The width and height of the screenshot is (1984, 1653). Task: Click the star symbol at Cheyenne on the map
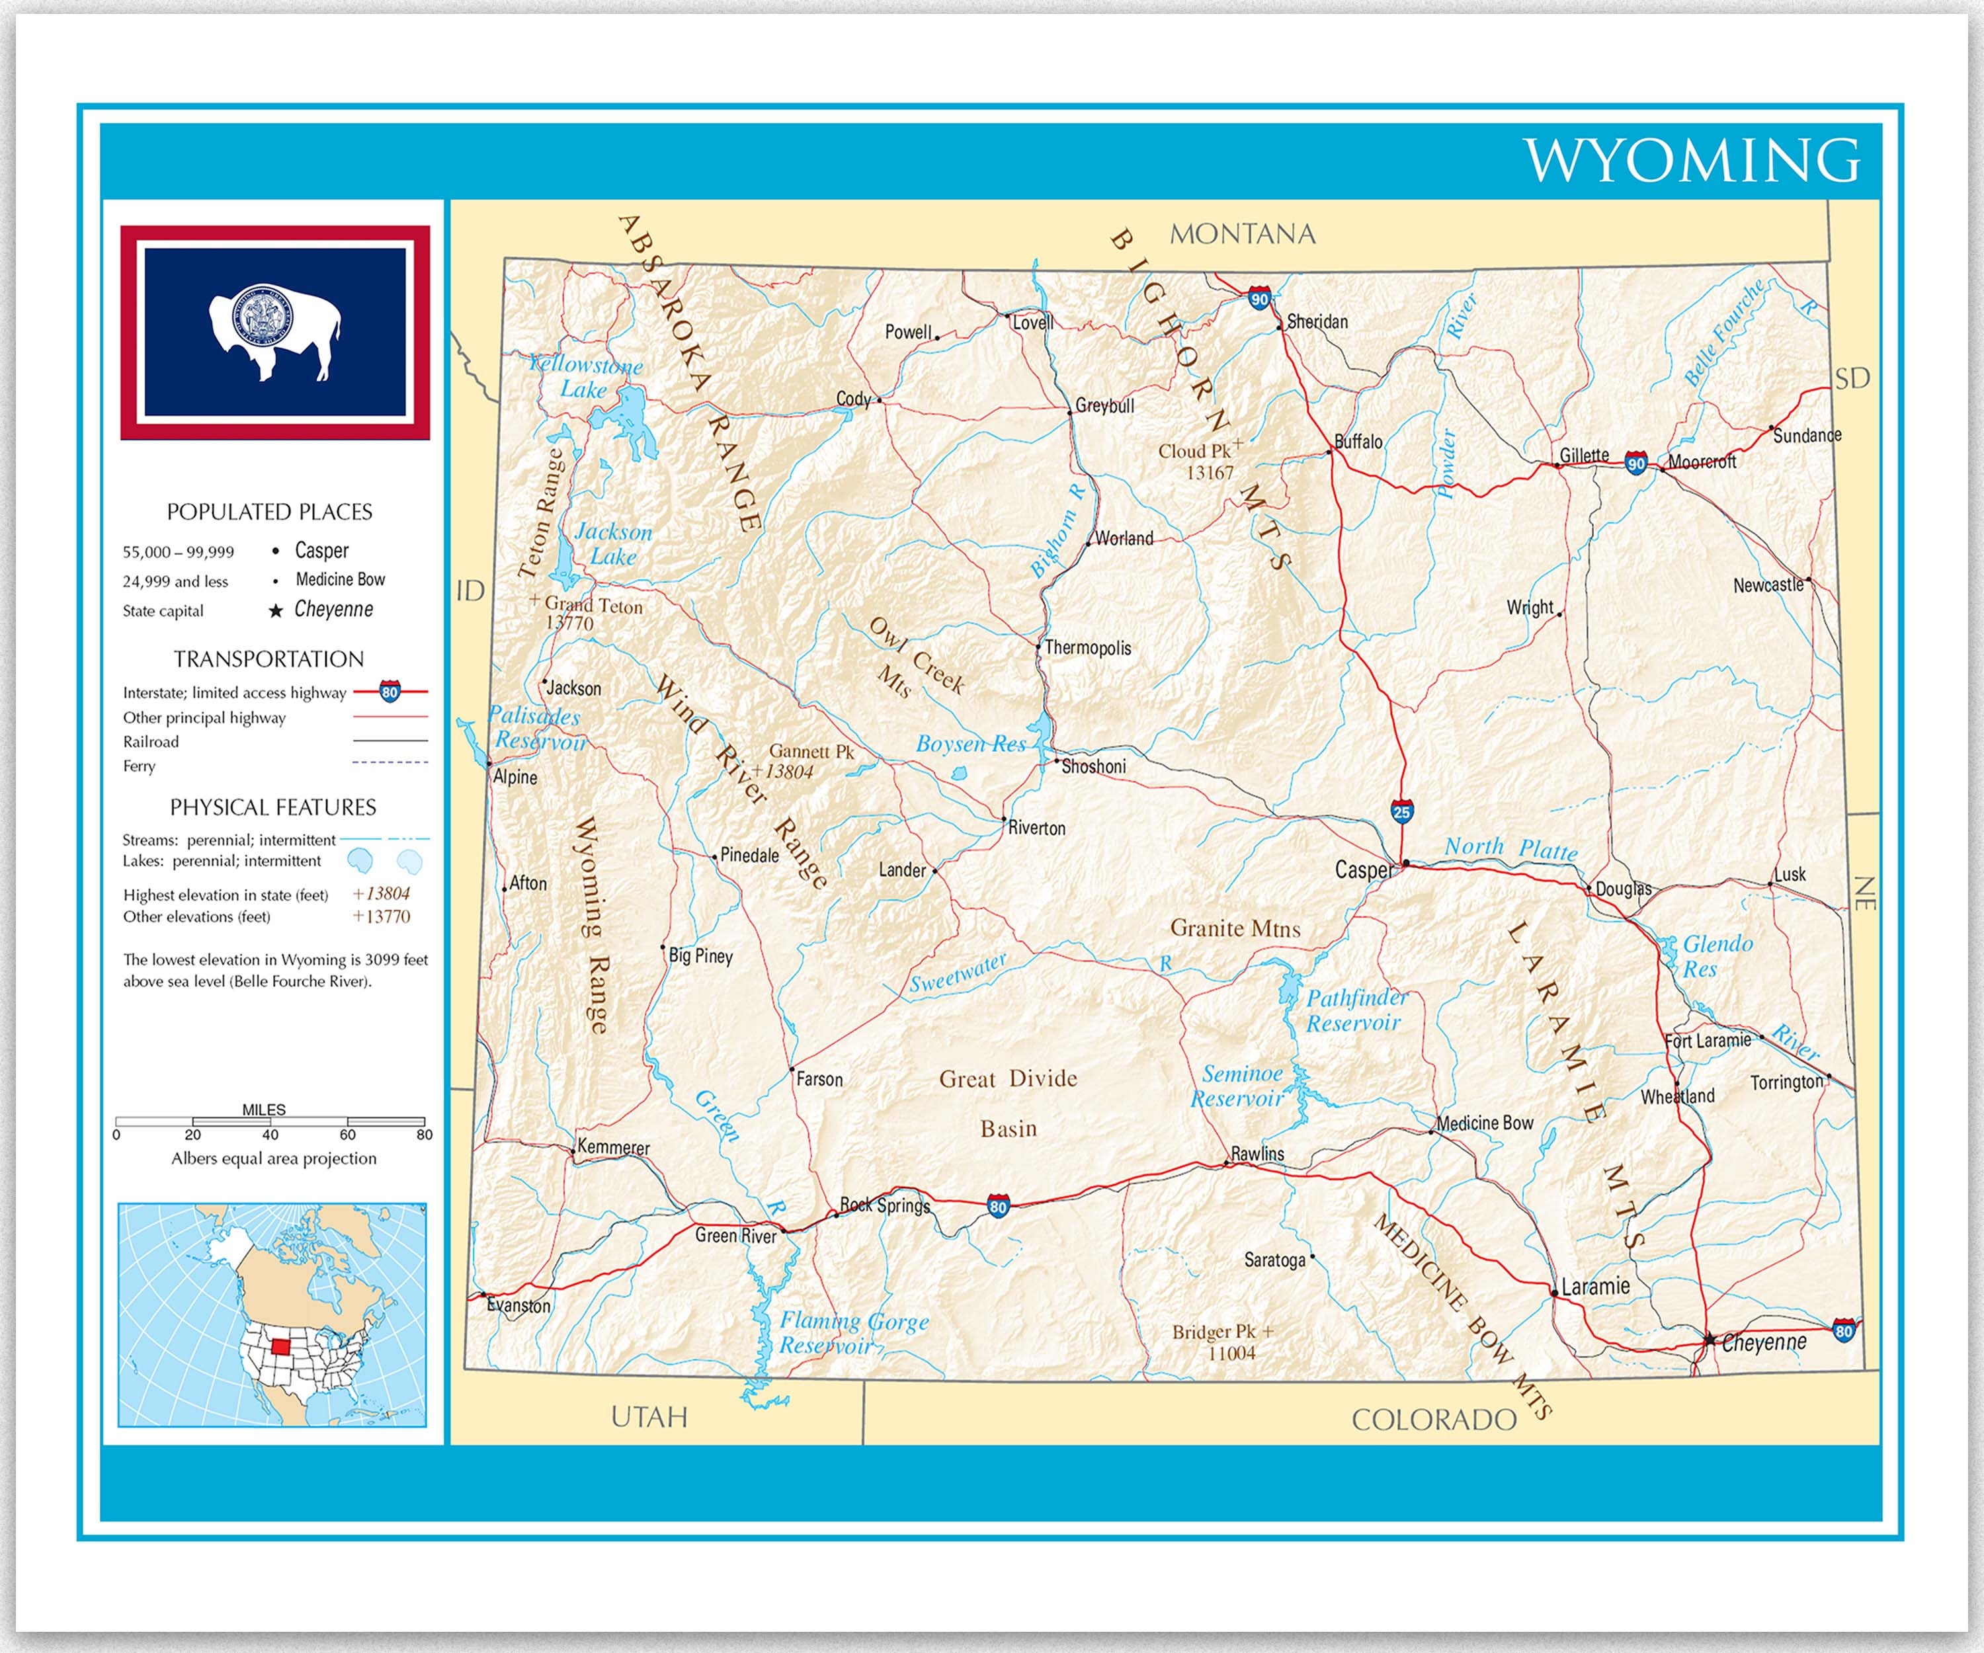[1709, 1340]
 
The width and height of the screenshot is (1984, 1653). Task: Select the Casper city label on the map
[1362, 870]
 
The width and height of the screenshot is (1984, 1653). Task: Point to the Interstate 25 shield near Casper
[1402, 811]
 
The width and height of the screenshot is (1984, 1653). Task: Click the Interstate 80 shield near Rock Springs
[999, 1206]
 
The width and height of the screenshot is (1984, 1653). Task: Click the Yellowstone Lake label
[585, 376]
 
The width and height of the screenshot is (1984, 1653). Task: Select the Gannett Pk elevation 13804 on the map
[784, 772]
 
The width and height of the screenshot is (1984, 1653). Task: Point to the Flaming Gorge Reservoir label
[853, 1333]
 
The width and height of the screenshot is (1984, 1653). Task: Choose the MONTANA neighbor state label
[1243, 234]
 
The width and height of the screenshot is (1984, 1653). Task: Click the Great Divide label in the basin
[1008, 1078]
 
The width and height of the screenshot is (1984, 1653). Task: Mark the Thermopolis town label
[1087, 648]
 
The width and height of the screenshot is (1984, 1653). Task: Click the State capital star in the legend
[276, 611]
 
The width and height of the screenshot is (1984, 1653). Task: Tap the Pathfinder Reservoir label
[1355, 1010]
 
